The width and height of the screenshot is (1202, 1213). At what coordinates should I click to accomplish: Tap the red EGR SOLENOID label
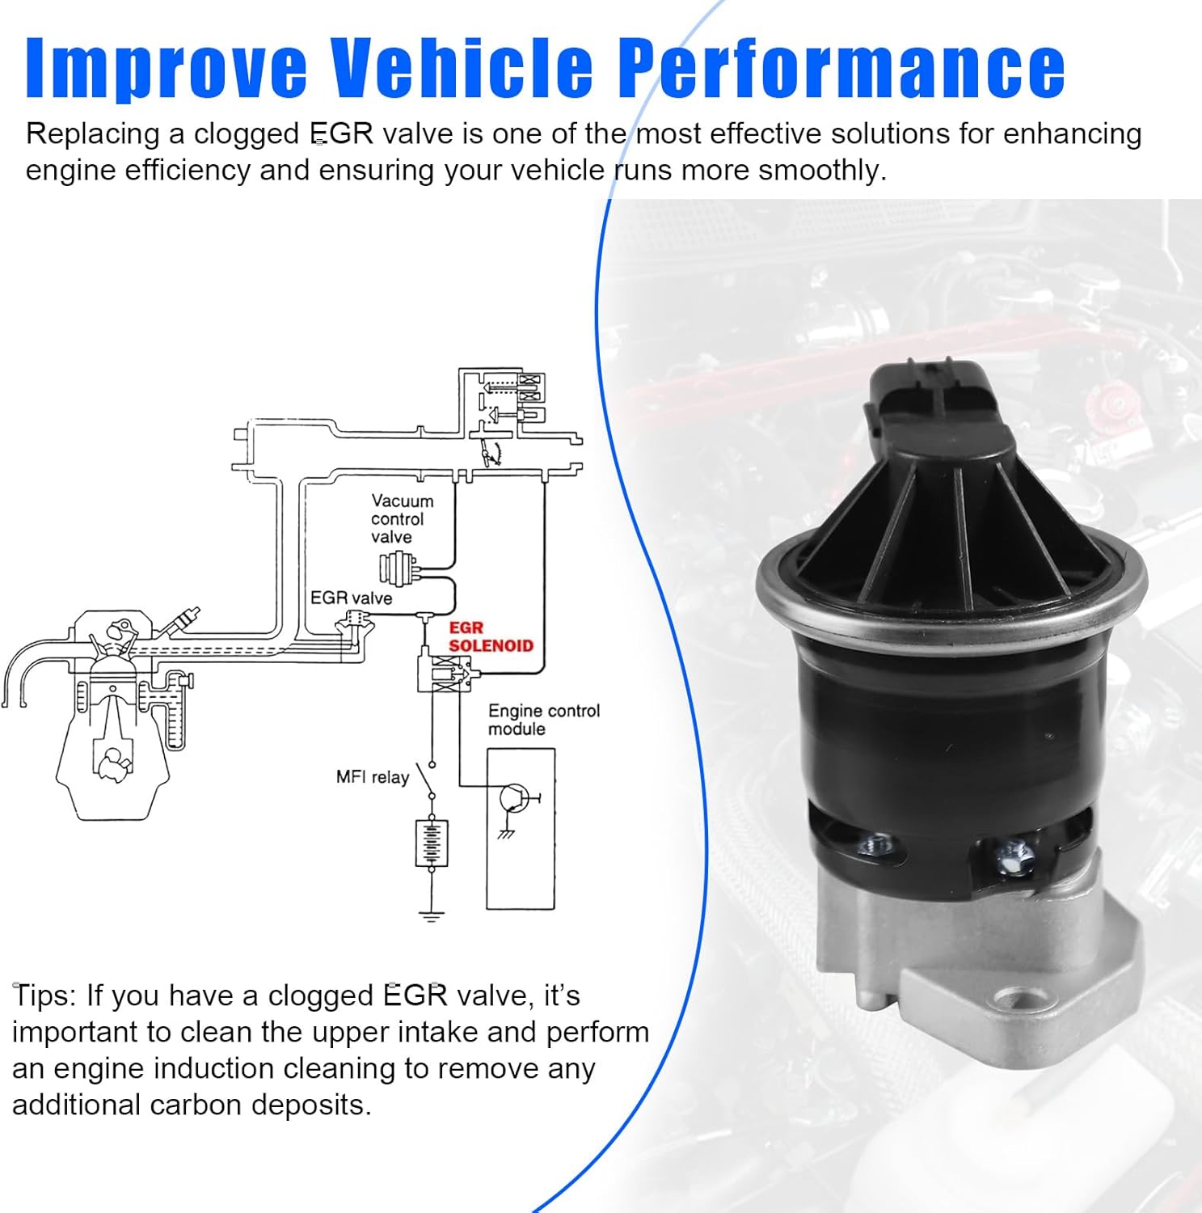pyautogui.click(x=490, y=637)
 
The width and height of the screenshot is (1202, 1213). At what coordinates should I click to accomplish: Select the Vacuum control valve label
pyautogui.click(x=401, y=519)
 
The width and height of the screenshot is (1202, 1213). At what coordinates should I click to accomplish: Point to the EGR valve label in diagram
pyautogui.click(x=351, y=598)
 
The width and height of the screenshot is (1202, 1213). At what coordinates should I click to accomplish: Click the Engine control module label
pyautogui.click(x=543, y=720)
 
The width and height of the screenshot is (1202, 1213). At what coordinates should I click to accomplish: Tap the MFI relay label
pyautogui.click(x=373, y=777)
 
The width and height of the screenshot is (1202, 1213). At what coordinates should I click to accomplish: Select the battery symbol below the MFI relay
pyautogui.click(x=432, y=843)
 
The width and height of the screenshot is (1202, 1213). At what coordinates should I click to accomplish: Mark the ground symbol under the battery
pyautogui.click(x=432, y=915)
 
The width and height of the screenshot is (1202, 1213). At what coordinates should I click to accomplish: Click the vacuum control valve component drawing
pyautogui.click(x=399, y=568)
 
